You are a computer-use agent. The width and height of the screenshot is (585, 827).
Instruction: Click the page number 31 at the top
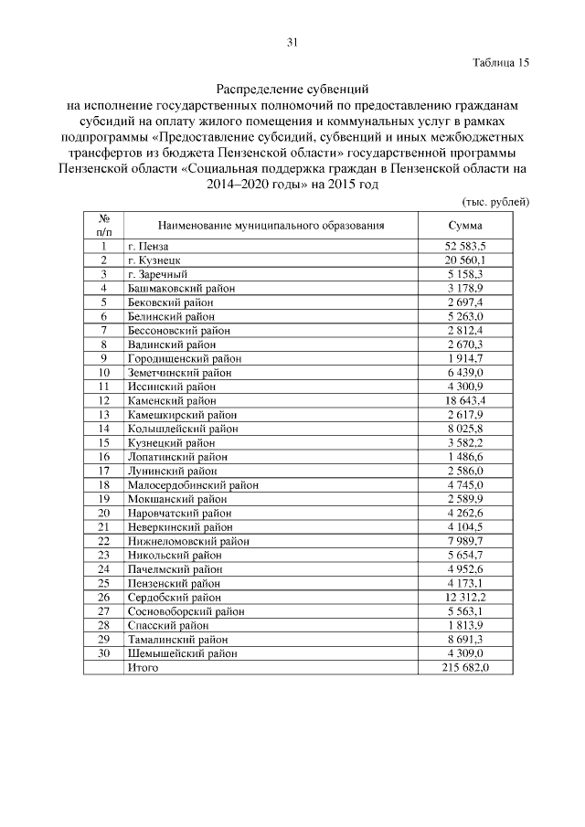point(292,42)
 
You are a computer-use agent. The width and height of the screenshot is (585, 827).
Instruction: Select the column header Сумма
point(465,225)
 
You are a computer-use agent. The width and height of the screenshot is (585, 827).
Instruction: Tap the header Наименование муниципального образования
point(271,225)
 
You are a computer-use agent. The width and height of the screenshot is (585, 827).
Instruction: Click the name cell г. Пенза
point(148,247)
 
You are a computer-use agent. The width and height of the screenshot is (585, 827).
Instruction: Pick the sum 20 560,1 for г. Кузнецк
point(465,260)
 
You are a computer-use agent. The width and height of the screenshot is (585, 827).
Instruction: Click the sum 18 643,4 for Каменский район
point(465,400)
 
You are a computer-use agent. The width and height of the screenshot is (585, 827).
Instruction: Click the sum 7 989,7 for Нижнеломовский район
point(465,541)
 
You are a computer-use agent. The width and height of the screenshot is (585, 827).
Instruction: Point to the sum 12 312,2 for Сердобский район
point(465,598)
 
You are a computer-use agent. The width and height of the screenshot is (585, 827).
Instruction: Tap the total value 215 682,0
point(465,668)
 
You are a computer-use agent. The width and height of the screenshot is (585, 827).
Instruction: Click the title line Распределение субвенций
point(292,90)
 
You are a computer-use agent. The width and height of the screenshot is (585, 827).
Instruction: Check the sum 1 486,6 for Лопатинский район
point(465,457)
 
